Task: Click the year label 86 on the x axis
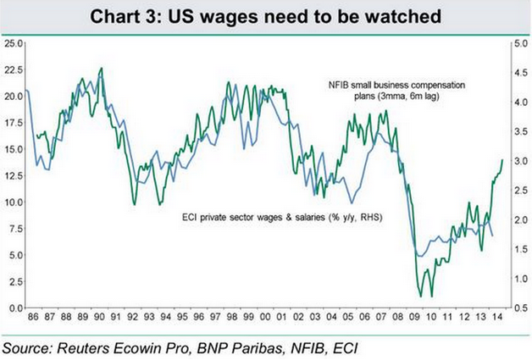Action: (x=33, y=318)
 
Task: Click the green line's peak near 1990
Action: (x=102, y=69)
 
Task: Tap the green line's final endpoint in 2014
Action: (x=502, y=159)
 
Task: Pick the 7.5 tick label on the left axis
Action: (x=14, y=228)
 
